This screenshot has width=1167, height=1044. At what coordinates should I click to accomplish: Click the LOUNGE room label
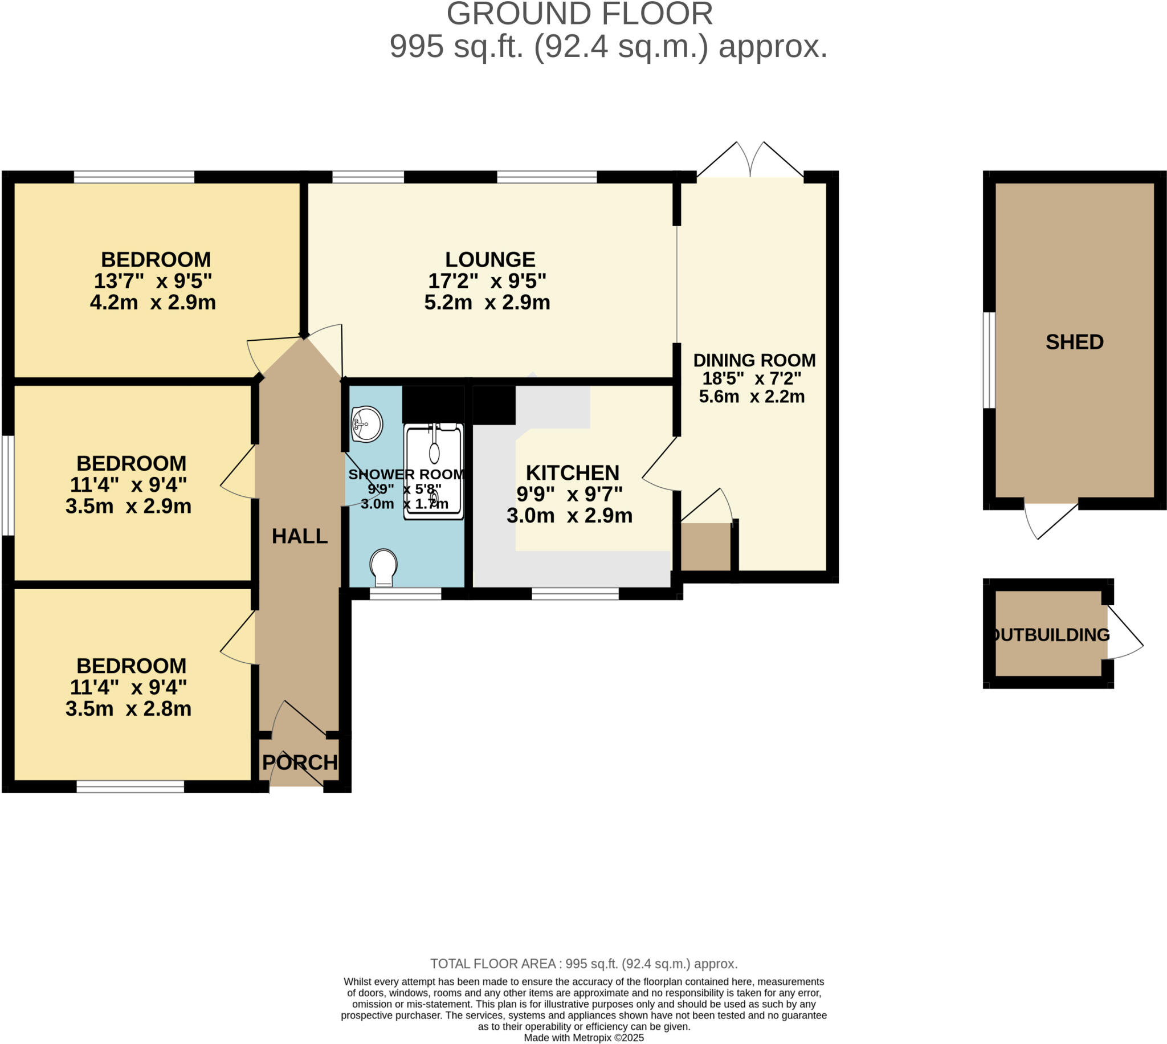tap(489, 259)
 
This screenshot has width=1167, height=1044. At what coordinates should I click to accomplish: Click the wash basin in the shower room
tap(366, 424)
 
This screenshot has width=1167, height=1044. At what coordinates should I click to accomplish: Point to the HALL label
tap(299, 536)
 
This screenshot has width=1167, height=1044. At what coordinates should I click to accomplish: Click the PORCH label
tap(299, 762)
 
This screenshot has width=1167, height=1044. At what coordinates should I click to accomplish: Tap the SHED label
tap(1074, 342)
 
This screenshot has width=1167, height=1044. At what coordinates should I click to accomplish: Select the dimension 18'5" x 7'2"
tap(751, 378)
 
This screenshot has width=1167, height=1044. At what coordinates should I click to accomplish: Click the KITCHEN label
tap(572, 472)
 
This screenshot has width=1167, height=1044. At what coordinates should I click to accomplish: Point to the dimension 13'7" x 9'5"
tap(153, 281)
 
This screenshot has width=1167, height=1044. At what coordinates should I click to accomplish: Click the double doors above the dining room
tap(749, 161)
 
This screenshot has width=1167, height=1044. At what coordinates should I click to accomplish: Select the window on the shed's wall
tap(989, 360)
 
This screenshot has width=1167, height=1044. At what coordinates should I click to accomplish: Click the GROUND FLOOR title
tap(579, 14)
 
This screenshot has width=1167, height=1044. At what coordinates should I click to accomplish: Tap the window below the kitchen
tap(574, 594)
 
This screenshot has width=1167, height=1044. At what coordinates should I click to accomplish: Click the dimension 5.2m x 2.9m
tap(487, 302)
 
